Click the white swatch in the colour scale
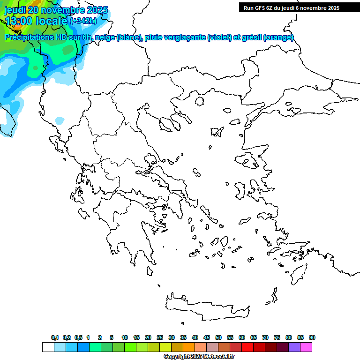point(48,347)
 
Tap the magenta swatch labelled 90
point(306,347)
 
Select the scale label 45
point(207,337)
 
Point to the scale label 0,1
point(54,337)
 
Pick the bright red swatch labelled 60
point(247,347)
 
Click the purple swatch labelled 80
point(294,347)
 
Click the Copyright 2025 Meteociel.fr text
point(199,357)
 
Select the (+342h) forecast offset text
point(83,21)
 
